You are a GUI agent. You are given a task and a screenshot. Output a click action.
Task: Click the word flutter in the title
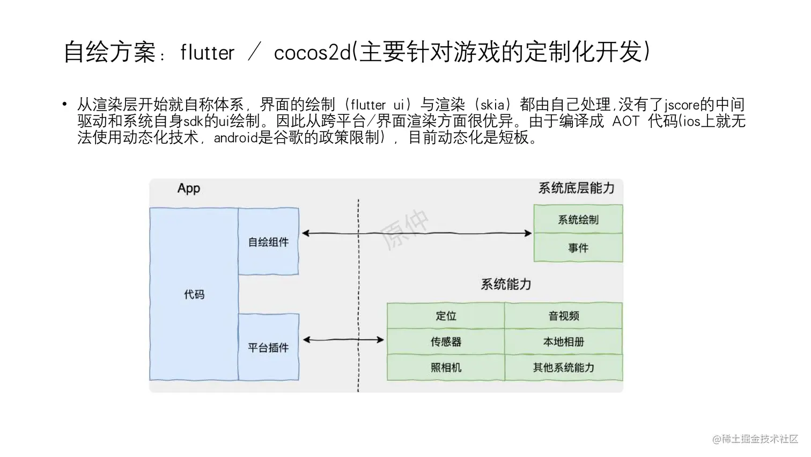(x=208, y=53)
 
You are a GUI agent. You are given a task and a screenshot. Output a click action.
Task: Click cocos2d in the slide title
(x=312, y=53)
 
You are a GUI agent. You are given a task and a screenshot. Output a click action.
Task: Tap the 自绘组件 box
(x=268, y=242)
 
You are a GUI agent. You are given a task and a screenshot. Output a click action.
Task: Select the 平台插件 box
(x=268, y=347)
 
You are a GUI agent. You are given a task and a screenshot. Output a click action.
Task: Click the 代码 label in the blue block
(x=194, y=294)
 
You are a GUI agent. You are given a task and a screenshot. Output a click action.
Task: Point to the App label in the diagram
(x=189, y=188)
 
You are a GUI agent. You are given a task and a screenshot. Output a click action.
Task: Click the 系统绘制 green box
(x=578, y=219)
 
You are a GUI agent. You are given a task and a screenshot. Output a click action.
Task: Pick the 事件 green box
(x=578, y=248)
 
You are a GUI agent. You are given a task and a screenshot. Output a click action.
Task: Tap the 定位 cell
(x=446, y=316)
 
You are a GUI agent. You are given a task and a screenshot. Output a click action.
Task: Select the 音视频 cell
(x=563, y=316)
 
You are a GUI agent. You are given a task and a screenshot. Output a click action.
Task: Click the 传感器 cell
(x=446, y=342)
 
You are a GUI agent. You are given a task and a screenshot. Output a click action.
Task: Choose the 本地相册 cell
(x=563, y=342)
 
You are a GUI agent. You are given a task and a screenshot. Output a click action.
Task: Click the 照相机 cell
(x=446, y=367)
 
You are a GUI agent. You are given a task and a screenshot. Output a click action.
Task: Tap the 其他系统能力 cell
(x=563, y=367)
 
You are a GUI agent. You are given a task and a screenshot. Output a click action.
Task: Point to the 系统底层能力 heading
(x=576, y=188)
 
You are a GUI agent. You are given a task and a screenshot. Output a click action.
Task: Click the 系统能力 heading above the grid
(x=505, y=284)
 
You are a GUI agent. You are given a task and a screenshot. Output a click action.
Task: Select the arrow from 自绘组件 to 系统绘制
(x=416, y=233)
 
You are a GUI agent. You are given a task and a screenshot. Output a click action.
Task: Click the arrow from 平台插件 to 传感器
(x=343, y=339)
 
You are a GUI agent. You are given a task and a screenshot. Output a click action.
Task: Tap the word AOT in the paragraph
(x=625, y=121)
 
